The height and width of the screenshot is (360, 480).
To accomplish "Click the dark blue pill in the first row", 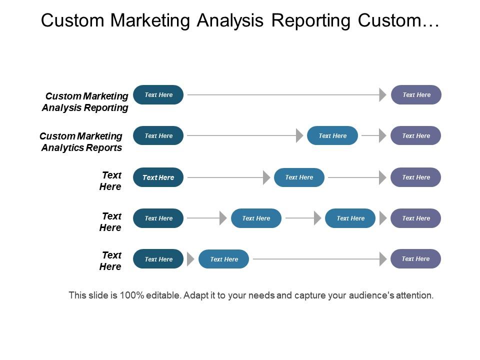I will pos(158,95).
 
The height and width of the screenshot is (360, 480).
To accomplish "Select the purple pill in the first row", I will pos(416,95).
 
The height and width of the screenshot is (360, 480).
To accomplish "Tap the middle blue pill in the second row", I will pos(332,136).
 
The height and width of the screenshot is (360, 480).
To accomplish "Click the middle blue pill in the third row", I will pos(299,177).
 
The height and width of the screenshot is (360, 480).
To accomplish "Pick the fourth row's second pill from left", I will pos(256,218).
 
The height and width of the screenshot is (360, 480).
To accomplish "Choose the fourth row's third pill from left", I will pos(350,218).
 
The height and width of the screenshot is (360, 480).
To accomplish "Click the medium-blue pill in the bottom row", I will pos(223,259).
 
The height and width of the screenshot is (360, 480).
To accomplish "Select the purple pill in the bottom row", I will pos(415,259).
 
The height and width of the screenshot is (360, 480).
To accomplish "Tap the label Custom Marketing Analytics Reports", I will pos(81,142).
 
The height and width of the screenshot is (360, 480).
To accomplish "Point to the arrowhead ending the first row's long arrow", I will pos(383,95).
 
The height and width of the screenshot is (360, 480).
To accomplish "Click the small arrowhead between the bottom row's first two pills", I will pos(190,259).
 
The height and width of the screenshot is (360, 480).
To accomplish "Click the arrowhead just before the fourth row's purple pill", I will pos(383,218).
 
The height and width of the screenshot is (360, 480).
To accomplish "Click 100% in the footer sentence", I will pos(132,295).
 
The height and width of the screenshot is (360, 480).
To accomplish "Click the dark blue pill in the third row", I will pos(158,177).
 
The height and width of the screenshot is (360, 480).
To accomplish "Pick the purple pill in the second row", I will pos(415,136).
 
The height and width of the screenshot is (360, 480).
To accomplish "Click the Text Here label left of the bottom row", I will pos(110,261).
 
